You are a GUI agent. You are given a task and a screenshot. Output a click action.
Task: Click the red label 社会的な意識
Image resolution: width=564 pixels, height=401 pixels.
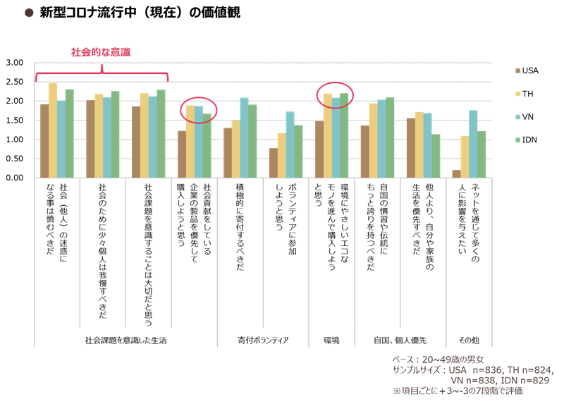coord(100,52)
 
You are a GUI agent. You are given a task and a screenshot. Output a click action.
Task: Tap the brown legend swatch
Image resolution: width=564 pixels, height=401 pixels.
coord(517,70)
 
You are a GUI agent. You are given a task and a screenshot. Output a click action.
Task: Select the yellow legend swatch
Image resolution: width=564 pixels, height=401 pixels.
coord(517,93)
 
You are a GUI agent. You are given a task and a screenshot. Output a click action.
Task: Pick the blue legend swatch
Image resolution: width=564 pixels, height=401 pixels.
coord(517,116)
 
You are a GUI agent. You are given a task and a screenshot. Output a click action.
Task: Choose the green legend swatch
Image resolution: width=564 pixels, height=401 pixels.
coord(517,140)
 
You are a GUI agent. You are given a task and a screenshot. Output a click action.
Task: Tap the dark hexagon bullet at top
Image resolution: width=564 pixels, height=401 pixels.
coord(29,12)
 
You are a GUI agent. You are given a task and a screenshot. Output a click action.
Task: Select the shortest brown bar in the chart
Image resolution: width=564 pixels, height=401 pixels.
coord(456,173)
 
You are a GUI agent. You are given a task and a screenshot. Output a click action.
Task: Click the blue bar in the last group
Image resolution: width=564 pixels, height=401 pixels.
coord(473,144)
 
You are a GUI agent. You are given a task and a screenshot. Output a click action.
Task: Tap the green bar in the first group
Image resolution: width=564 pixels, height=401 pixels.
coord(69,133)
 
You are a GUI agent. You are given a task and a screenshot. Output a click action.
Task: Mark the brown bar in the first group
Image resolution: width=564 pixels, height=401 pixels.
coord(44,141)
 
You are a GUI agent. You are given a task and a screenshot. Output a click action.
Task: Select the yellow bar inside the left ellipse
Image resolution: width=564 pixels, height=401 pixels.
coord(190,141)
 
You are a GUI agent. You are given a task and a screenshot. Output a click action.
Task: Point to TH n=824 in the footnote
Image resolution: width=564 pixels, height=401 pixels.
coord(529,370)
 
